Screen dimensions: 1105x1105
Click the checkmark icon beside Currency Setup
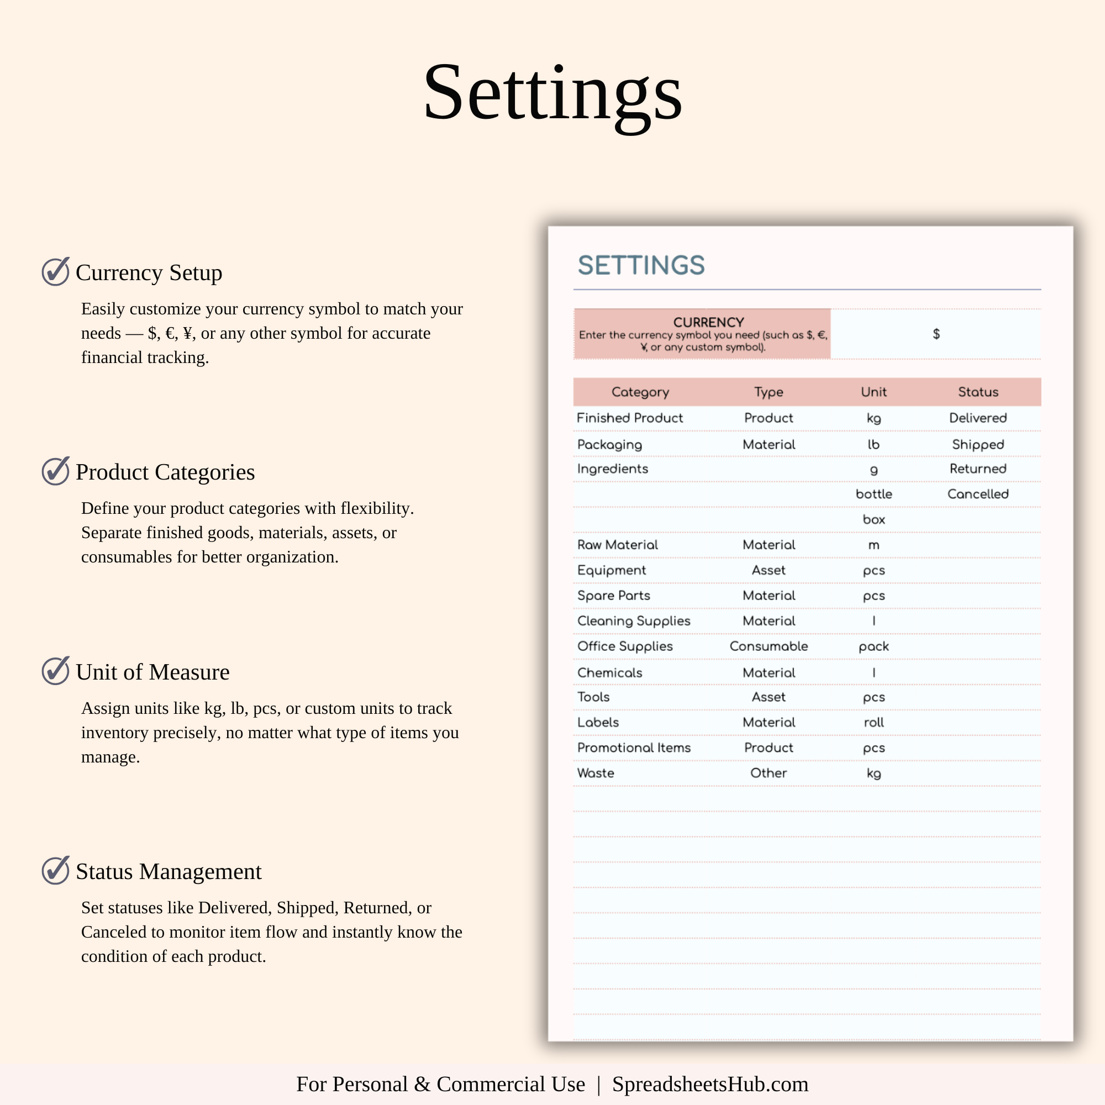coord(55,272)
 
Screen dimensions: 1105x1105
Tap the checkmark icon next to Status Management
coord(55,871)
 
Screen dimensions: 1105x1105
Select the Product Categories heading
coord(165,472)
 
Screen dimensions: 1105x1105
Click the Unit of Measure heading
coord(152,672)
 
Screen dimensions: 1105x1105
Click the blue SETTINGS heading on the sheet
coord(641,265)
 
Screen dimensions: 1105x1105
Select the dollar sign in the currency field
coord(936,334)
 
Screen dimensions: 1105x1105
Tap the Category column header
coord(640,392)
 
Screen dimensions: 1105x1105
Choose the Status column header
coord(978,392)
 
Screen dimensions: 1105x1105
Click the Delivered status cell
coord(978,418)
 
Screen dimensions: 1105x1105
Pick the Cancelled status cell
coord(978,494)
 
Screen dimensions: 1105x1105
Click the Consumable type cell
coord(769,646)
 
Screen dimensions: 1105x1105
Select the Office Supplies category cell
coord(624,646)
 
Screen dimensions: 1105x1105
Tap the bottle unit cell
coord(874,494)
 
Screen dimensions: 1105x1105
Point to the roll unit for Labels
coord(874,722)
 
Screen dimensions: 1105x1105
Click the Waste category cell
coord(596,773)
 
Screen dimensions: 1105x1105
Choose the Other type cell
coord(769,773)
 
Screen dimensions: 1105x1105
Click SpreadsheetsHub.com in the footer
coord(710,1085)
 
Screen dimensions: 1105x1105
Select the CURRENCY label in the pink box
coord(709,322)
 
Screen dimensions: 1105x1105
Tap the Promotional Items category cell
coord(634,748)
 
